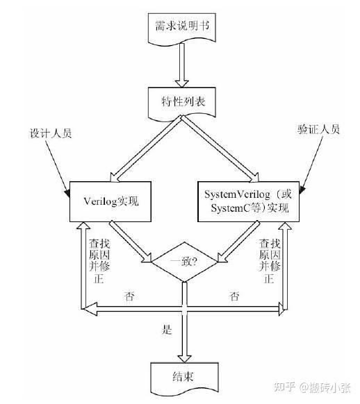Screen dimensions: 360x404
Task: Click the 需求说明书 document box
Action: coord(182,28)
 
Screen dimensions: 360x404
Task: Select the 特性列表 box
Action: coord(182,103)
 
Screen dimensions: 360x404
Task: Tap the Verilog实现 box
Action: coord(111,201)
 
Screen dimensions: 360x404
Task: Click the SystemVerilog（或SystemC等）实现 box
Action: coord(248,201)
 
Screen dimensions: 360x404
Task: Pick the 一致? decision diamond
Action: coord(184,262)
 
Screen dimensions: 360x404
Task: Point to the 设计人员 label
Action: coord(51,133)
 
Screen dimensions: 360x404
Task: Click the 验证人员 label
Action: coord(318,130)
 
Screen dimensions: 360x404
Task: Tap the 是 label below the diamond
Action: coord(167,329)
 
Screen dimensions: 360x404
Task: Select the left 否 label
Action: coord(129,296)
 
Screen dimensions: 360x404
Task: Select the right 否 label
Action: coord(234,296)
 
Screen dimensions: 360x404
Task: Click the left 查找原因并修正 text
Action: coord(99,261)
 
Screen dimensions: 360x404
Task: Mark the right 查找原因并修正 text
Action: coord(270,261)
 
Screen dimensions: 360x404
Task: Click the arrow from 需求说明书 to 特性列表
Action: coord(182,65)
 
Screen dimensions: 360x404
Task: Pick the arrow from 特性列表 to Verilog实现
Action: coord(146,149)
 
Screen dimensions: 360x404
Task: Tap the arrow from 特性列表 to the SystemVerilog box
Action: coord(220,149)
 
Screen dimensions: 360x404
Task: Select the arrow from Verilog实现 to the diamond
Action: coord(130,242)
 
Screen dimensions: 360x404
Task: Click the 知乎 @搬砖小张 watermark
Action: coord(313,387)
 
